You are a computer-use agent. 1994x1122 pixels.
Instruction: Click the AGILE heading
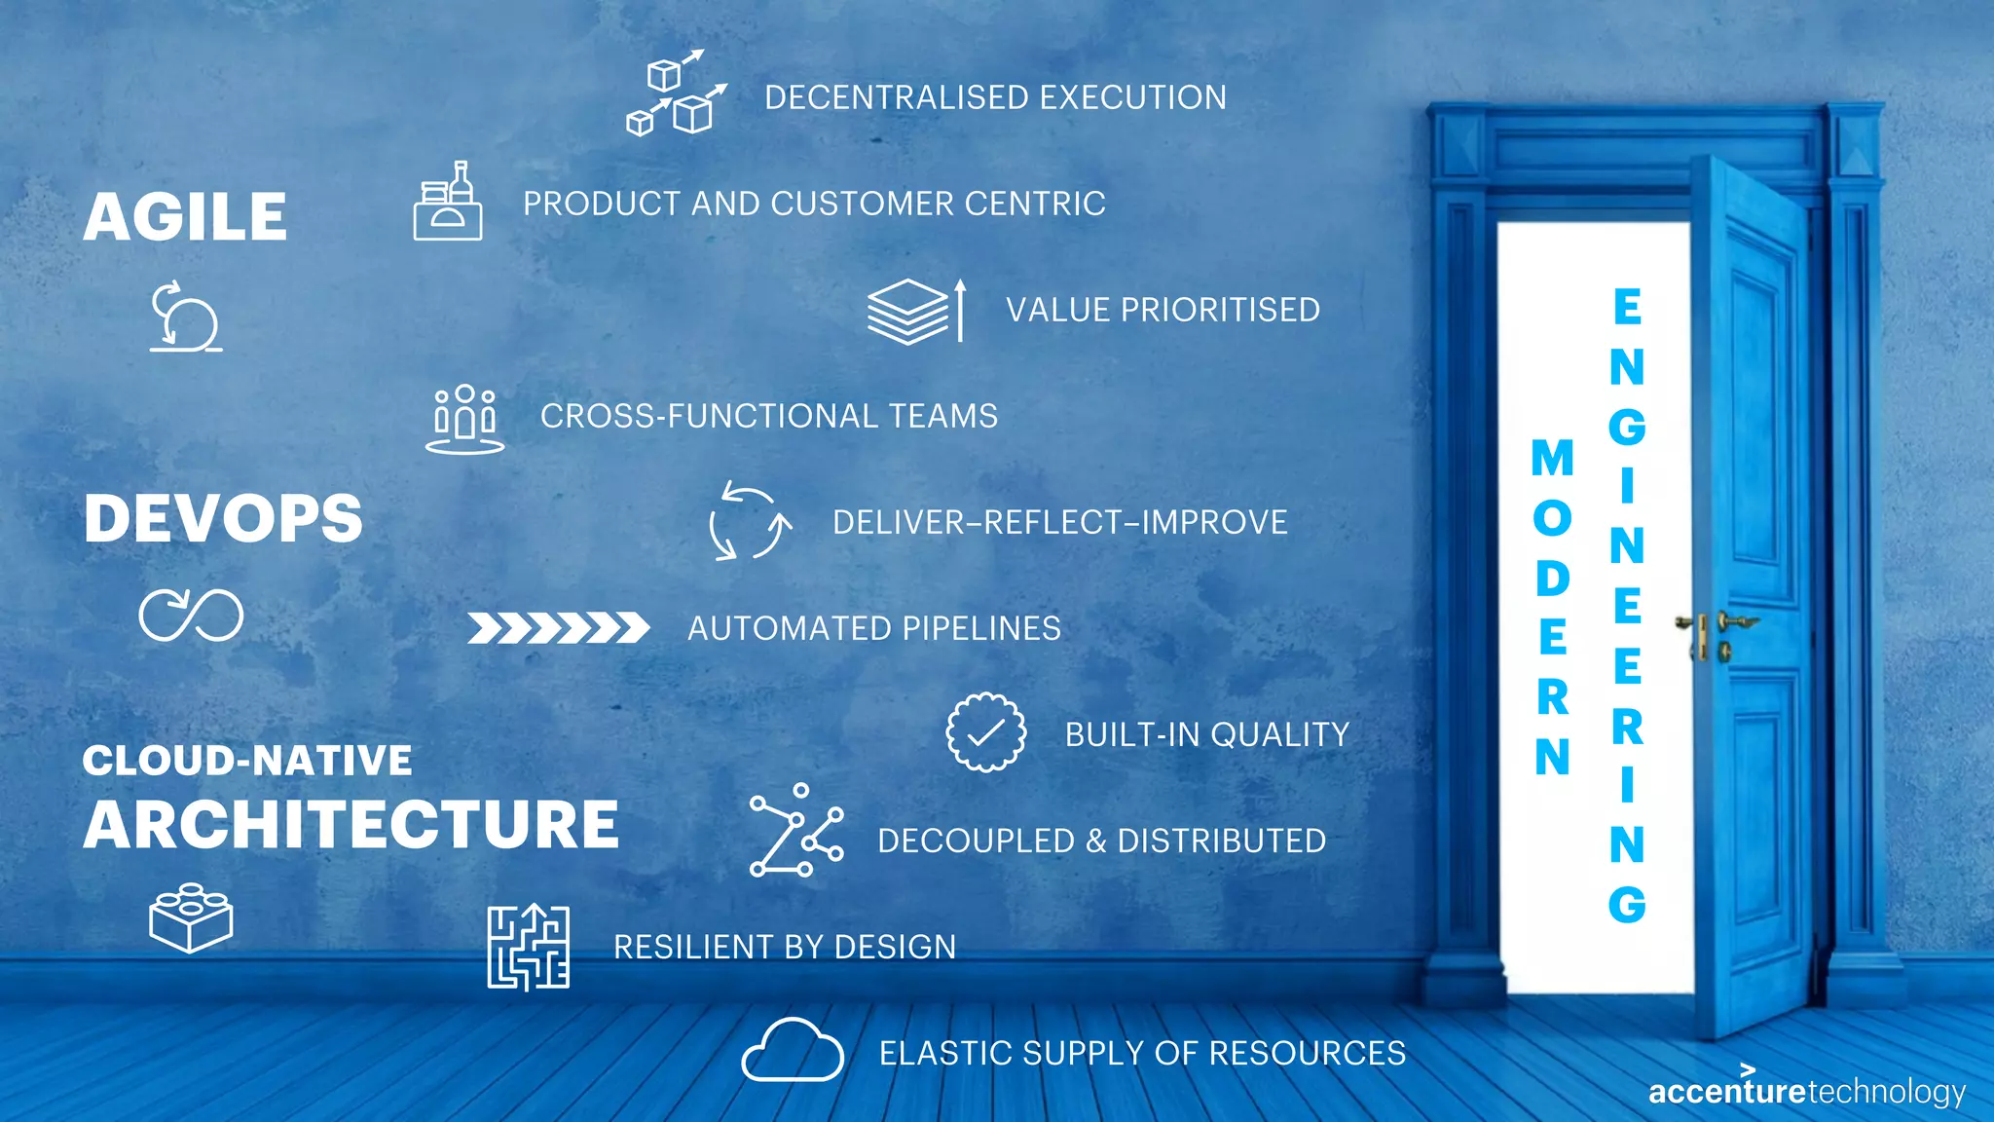tap(185, 216)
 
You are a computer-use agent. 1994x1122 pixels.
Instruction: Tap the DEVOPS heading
tap(223, 518)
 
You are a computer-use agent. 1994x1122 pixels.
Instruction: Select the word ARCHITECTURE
tap(351, 825)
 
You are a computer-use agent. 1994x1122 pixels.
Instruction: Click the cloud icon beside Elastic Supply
tap(793, 1051)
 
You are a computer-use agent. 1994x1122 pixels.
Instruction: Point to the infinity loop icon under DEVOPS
tap(191, 615)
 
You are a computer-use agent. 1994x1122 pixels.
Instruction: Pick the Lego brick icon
tap(191, 917)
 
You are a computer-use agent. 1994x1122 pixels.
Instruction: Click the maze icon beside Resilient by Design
tap(529, 947)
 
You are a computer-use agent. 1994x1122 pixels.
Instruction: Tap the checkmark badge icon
tap(985, 732)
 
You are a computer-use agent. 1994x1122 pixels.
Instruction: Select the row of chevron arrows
tap(558, 628)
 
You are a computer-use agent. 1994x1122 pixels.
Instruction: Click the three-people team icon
tap(465, 419)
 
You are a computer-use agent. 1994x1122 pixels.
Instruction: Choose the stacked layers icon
tap(908, 312)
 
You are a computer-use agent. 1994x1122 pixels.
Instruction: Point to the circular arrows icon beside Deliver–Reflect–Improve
tap(750, 521)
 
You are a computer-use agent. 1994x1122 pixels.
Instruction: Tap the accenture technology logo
tap(1807, 1090)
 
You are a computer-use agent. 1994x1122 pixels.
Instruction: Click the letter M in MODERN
tap(1552, 459)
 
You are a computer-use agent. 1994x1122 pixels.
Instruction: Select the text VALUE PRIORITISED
tap(1163, 310)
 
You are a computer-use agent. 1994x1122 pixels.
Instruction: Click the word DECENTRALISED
tap(896, 97)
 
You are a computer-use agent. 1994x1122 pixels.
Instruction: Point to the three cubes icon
tap(676, 93)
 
